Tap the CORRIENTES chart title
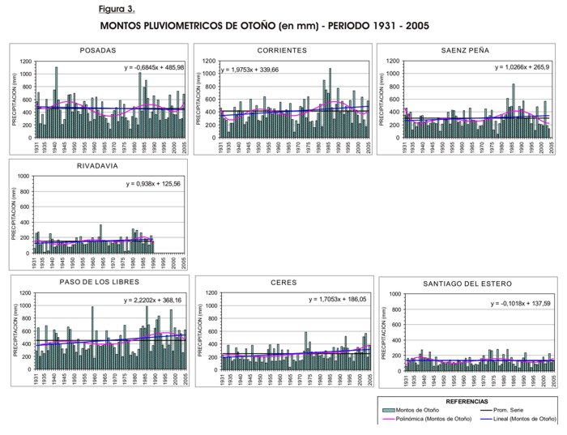point(281,50)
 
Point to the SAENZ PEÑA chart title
point(465,50)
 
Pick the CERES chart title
point(283,283)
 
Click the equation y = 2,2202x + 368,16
point(155,301)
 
